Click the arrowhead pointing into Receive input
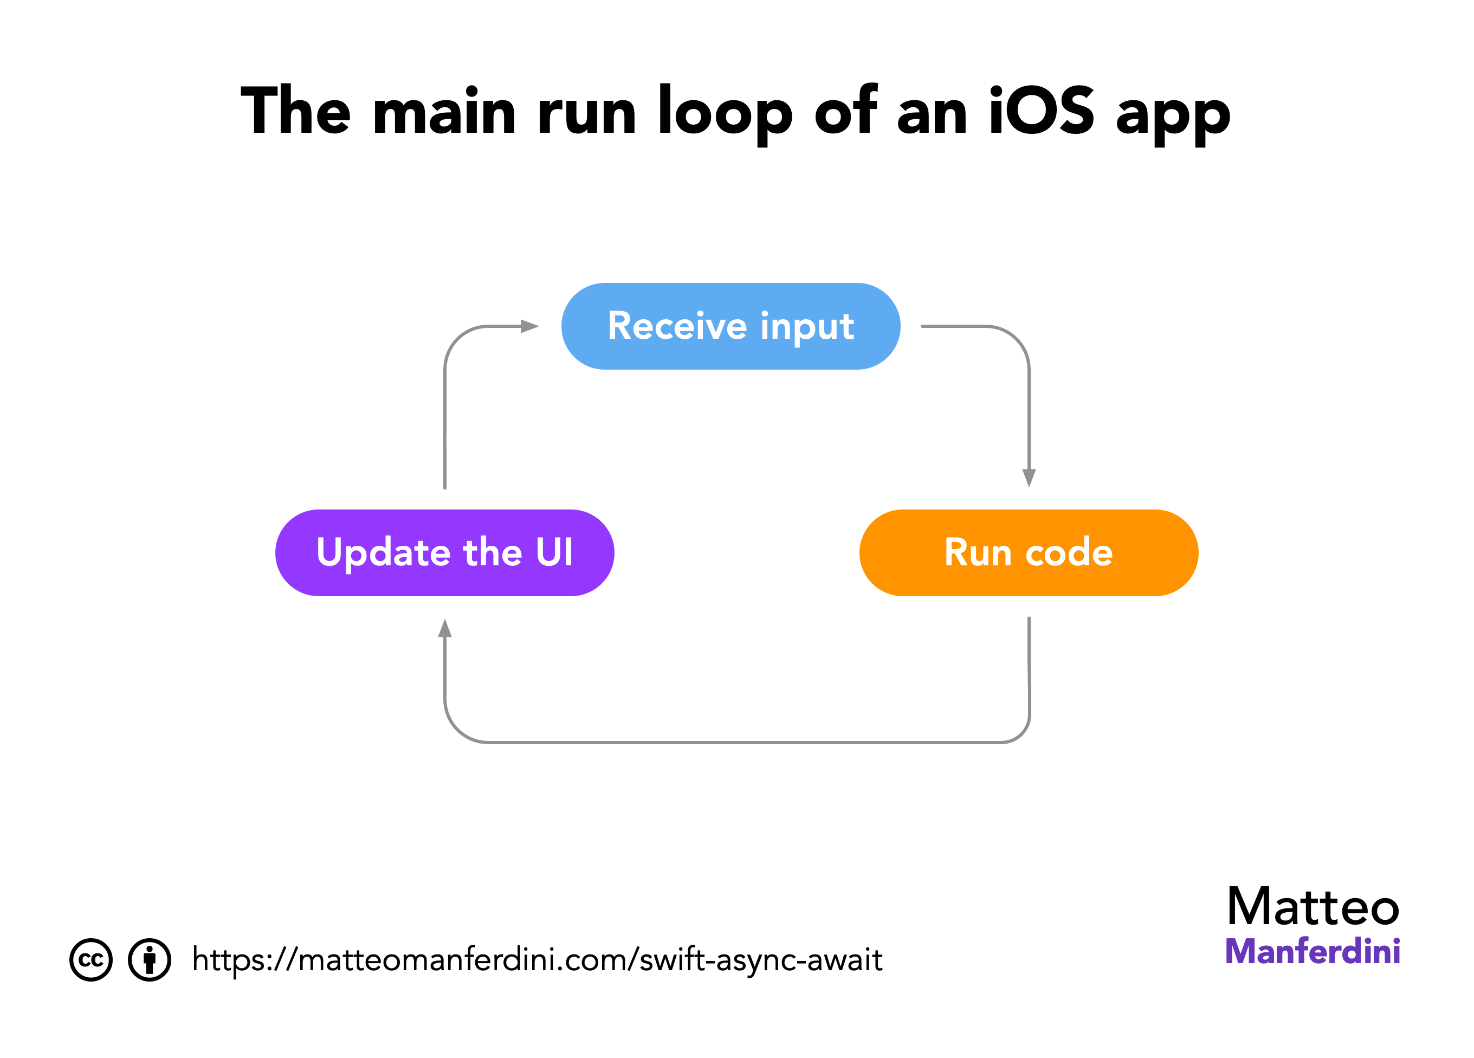pyautogui.click(x=529, y=326)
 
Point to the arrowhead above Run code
pyautogui.click(x=1029, y=478)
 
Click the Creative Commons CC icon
pyautogui.click(x=91, y=960)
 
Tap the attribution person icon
pyautogui.click(x=150, y=960)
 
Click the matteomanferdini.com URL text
pyautogui.click(x=537, y=960)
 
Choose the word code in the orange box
pyautogui.click(x=1069, y=553)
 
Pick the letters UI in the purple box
pyautogui.click(x=554, y=552)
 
